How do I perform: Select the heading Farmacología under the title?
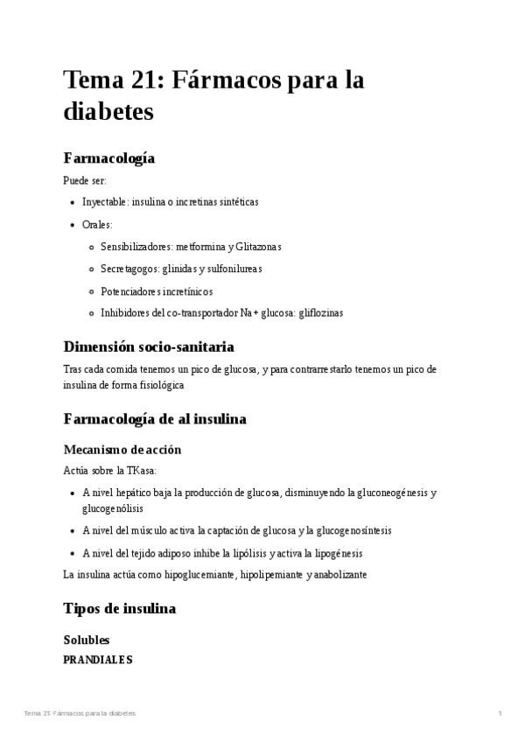tap(109, 158)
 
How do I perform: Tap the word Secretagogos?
tap(131, 269)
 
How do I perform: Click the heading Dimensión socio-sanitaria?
tap(149, 346)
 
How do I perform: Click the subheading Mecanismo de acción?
tap(122, 449)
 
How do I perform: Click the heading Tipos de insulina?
tap(120, 608)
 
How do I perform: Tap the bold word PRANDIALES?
tap(98, 660)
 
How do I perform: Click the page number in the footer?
tap(499, 714)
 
